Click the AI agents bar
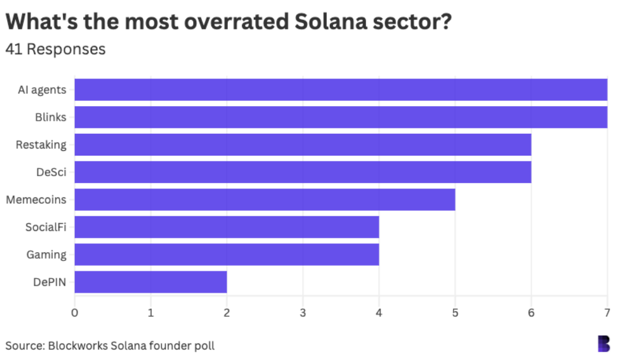point(340,90)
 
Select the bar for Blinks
point(340,117)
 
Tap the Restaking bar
point(303,144)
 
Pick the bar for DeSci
point(303,172)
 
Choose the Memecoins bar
point(264,200)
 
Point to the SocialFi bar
point(227,227)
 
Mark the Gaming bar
point(227,255)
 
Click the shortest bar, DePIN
point(151,282)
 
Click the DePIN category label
point(49,282)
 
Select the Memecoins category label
point(36,200)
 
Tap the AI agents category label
point(43,90)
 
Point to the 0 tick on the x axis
point(74,312)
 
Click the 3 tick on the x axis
point(303,312)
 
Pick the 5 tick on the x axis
point(455,312)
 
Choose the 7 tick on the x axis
point(607,312)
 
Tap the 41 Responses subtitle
point(55,49)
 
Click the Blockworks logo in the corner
point(604,344)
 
